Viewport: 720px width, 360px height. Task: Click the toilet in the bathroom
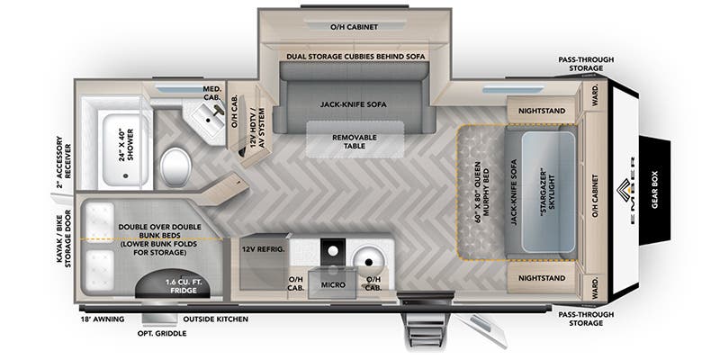[175, 165]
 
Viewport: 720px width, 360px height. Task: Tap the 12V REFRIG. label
[262, 247]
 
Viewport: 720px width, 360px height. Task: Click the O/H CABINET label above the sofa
[353, 25]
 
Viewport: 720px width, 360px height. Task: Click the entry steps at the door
[427, 326]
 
